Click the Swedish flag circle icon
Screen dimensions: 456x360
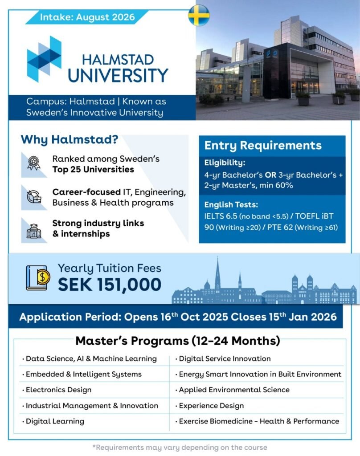(199, 16)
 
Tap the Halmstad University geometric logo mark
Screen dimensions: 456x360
(45, 59)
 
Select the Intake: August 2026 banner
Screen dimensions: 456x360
(87, 18)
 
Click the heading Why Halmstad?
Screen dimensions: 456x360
(69, 139)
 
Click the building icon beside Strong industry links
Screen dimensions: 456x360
(33, 228)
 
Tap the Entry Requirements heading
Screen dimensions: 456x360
(262, 146)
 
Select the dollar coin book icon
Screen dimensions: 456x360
(38, 277)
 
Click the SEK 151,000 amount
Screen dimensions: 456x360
(109, 285)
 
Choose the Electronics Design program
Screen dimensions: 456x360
(58, 390)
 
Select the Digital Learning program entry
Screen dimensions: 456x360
(55, 421)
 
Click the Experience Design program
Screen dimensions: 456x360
(211, 405)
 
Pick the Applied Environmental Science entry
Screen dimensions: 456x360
(234, 390)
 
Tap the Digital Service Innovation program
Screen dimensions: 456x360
(225, 358)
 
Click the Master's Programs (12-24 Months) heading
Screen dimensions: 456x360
(178, 341)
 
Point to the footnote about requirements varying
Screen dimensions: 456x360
(180, 447)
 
